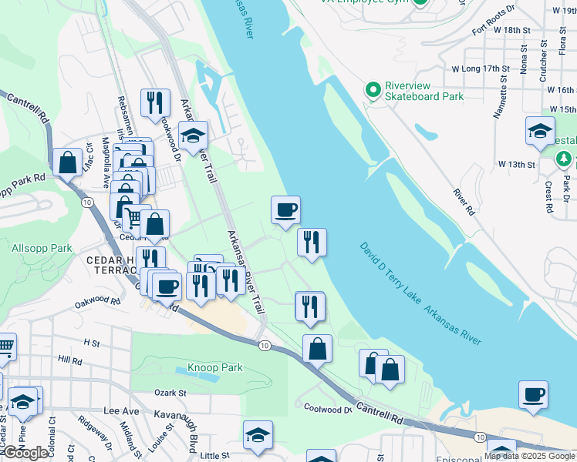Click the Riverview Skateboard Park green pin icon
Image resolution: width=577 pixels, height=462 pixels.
click(x=373, y=91)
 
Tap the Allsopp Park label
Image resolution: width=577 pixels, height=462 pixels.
click(x=42, y=249)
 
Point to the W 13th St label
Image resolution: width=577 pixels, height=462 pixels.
click(x=516, y=165)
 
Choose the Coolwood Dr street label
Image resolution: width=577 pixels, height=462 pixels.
click(x=327, y=409)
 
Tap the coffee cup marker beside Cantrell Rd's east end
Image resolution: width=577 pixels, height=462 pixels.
click(x=533, y=394)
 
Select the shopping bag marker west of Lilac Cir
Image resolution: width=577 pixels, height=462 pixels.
click(x=68, y=162)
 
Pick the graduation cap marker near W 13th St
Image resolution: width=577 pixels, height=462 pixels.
click(x=540, y=130)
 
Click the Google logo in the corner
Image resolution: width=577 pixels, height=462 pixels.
click(x=25, y=453)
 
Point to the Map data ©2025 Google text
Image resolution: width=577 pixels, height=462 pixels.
click(x=529, y=456)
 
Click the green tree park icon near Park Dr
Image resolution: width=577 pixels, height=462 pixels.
click(x=564, y=159)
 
